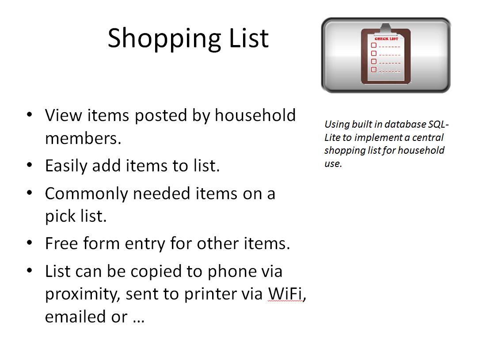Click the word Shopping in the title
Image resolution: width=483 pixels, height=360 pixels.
click(164, 39)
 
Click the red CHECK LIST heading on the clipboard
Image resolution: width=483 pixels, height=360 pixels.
click(386, 39)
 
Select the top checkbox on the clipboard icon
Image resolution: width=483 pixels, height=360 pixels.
click(374, 45)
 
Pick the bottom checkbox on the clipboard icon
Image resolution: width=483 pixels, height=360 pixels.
click(374, 70)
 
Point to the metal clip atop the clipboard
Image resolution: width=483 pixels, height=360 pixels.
click(386, 29)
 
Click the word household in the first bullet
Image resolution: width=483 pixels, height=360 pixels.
click(255, 115)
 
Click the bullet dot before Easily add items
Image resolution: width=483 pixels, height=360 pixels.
click(30, 165)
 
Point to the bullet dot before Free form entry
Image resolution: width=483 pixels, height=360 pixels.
click(30, 243)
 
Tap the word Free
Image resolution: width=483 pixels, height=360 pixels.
click(61, 243)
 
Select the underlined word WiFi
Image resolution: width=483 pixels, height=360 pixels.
click(285, 293)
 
